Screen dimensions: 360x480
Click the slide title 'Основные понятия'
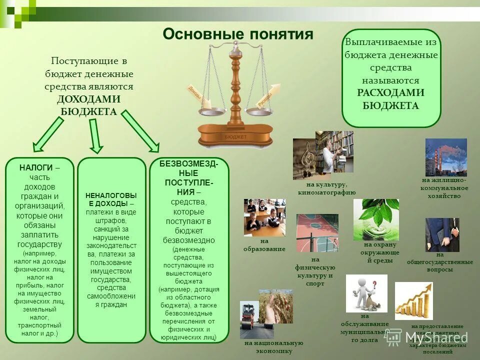[238, 34]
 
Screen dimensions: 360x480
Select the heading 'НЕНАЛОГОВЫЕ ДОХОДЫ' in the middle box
[111, 199]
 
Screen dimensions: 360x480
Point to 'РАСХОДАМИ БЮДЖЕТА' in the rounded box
[390, 99]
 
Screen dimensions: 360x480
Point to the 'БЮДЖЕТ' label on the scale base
[235, 136]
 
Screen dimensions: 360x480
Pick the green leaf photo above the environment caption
[375, 219]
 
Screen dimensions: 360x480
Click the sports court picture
[317, 233]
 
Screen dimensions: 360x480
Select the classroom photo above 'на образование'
[264, 217]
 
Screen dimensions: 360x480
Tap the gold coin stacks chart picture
[413, 300]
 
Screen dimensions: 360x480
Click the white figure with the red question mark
[366, 293]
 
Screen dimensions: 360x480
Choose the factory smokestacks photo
[445, 157]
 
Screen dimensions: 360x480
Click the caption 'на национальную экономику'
[273, 346]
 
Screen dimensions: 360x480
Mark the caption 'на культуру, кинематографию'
[326, 188]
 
